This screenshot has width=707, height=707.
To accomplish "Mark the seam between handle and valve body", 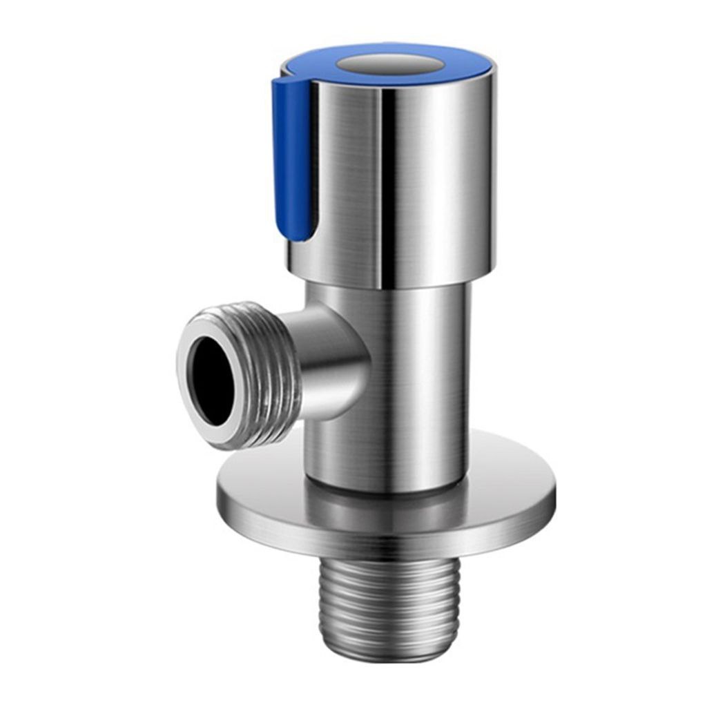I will click(394, 285).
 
